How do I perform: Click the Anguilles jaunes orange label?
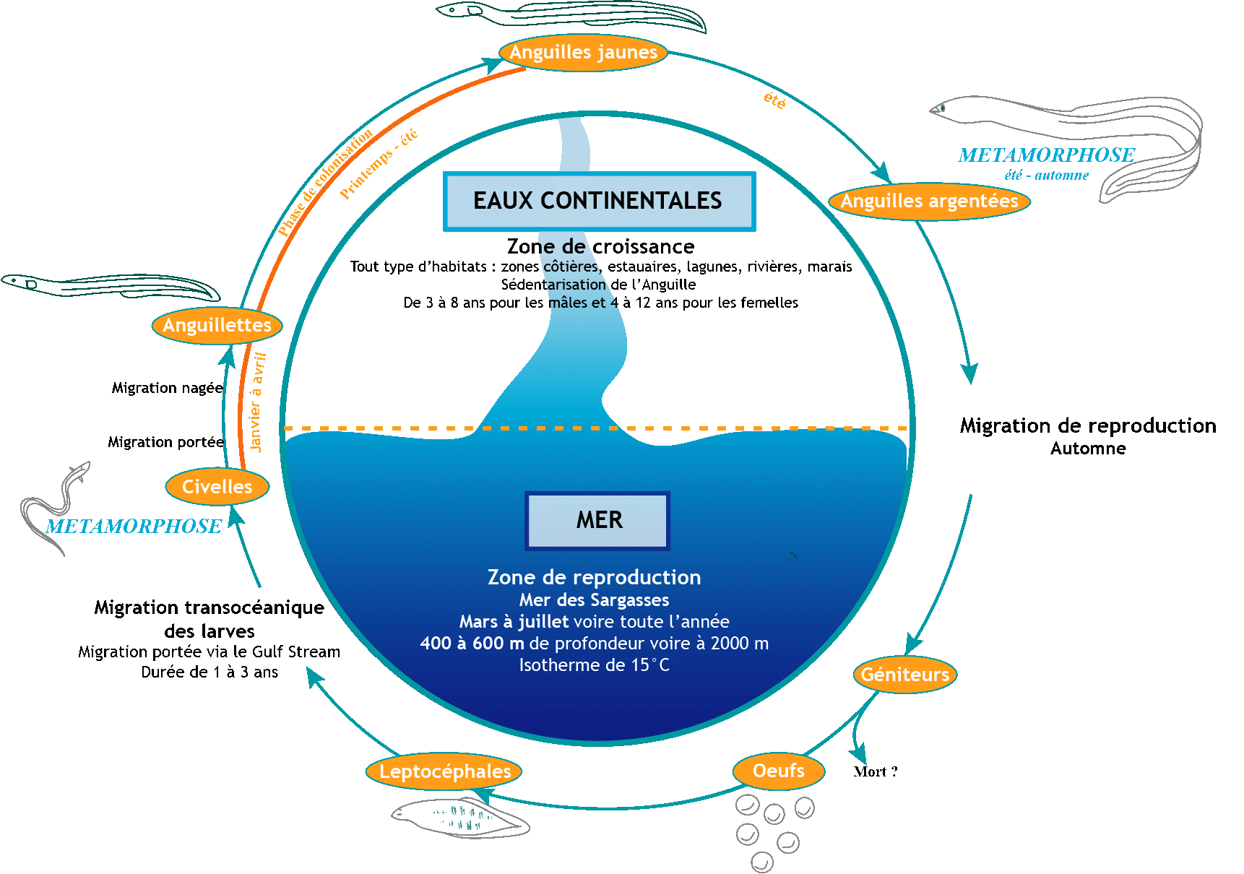tap(583, 53)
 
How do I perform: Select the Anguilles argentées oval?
tap(929, 201)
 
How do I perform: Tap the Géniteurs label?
tap(904, 675)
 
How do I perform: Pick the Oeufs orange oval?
tap(778, 771)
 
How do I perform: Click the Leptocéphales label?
tap(444, 771)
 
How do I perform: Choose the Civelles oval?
tap(217, 487)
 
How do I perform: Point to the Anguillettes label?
tap(217, 326)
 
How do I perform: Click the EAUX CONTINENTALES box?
tap(599, 202)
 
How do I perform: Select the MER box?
tap(598, 520)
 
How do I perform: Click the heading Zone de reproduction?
tap(594, 577)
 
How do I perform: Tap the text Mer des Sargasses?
tap(594, 600)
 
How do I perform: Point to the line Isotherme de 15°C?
tap(594, 665)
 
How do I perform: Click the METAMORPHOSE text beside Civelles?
tap(134, 527)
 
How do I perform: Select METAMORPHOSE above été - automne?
tap(1046, 155)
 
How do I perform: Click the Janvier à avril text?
tap(256, 402)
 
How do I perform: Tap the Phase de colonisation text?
tap(325, 182)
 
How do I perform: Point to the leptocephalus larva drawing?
tap(460, 818)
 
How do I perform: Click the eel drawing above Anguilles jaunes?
tap(571, 14)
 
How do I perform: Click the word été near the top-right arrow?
tap(774, 100)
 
